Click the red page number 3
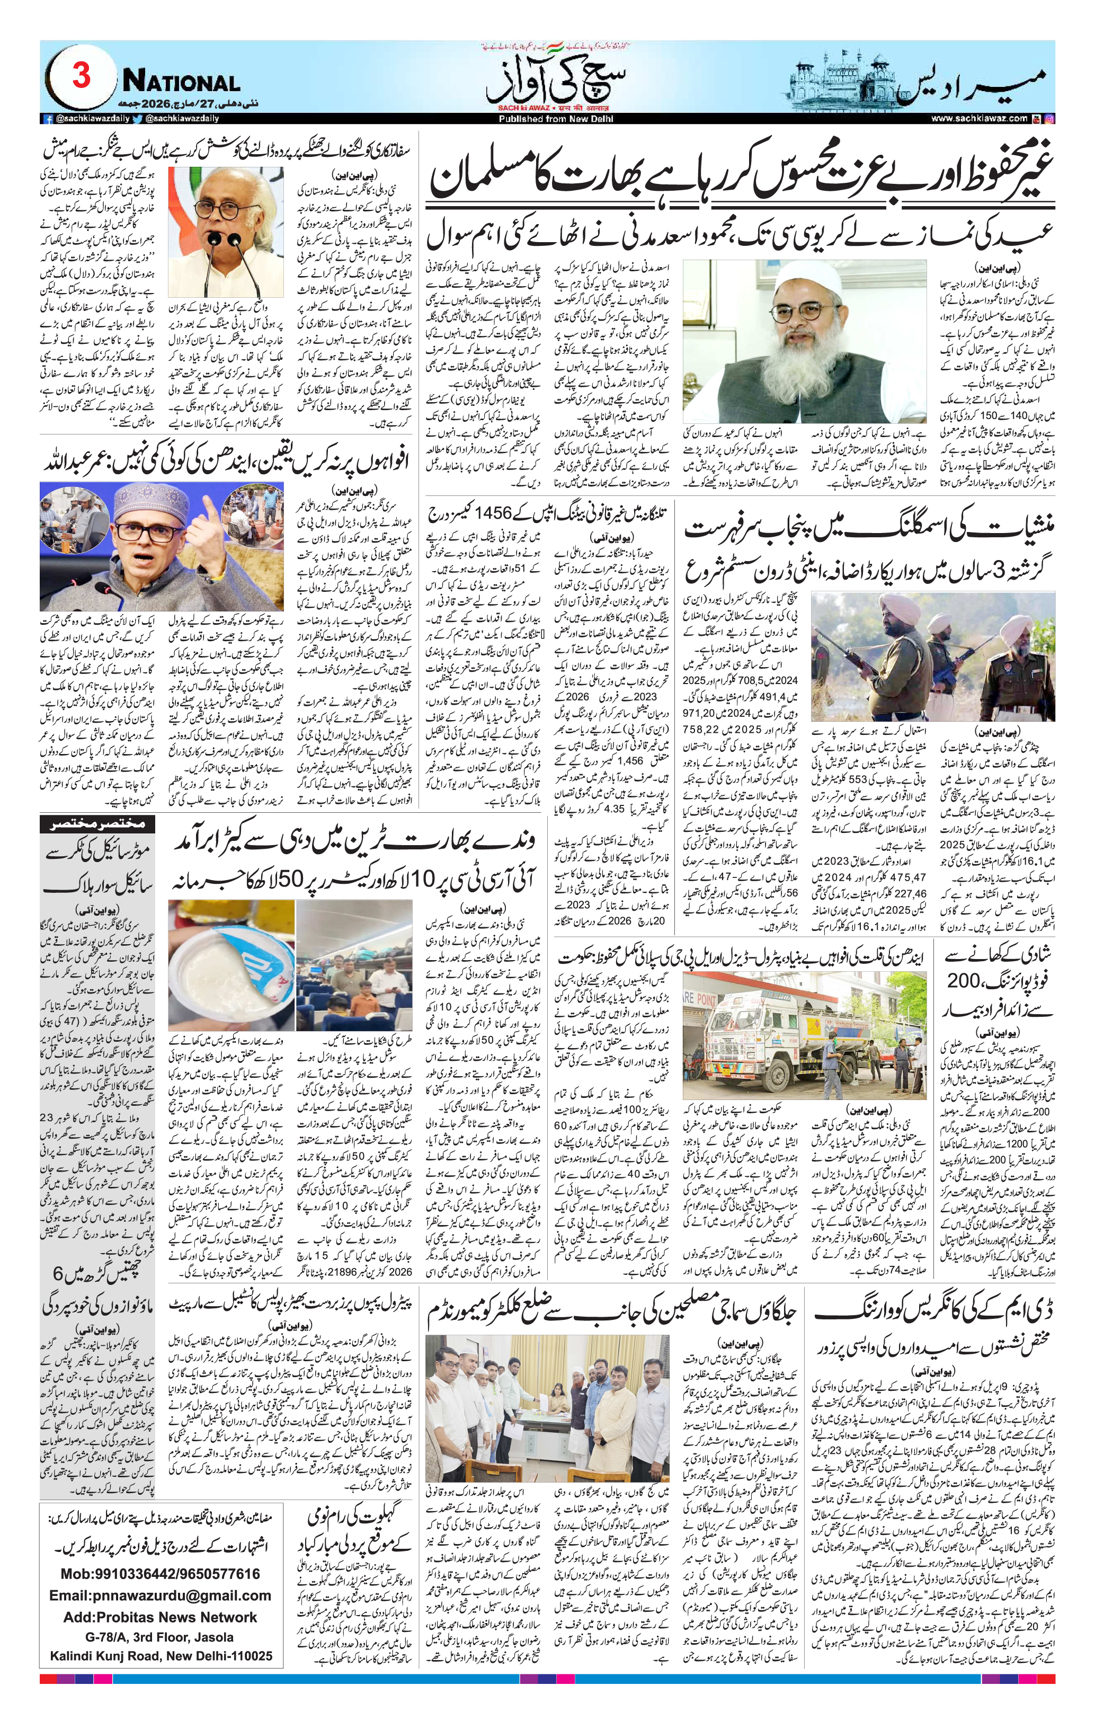pyautogui.click(x=81, y=76)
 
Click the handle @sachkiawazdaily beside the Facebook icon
pyautogui.click(x=86, y=119)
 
